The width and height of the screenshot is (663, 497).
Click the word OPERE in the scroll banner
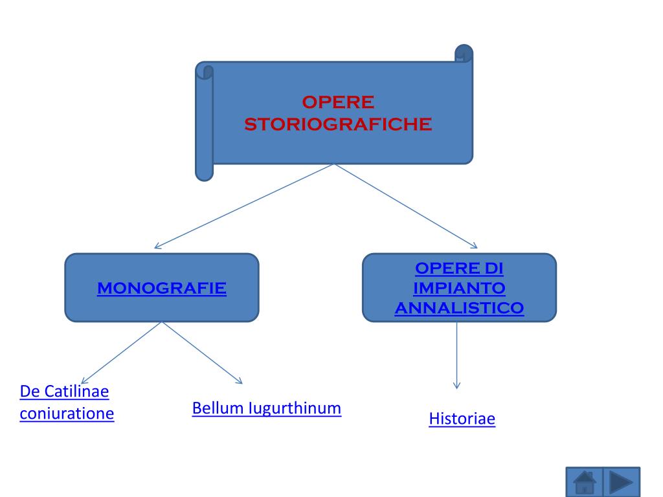coord(338,102)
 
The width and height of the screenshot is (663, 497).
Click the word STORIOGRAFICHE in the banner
coord(338,124)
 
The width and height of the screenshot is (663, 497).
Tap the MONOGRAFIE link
coord(162,288)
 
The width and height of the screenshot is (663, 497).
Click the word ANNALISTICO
coord(459,308)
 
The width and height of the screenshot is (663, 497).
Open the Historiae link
coord(462,419)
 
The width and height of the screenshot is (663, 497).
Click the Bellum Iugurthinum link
coord(267,408)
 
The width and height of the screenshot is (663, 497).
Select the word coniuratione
coord(67,414)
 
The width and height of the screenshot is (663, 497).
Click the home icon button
coord(585,482)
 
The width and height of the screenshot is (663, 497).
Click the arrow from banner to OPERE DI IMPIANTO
coord(406,206)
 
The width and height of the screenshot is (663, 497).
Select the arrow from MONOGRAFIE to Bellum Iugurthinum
coord(201,353)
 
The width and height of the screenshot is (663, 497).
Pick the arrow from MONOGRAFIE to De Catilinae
coord(121,353)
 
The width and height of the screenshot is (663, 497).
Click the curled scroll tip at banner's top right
coord(464,54)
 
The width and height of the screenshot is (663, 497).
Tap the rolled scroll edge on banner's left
coord(205,123)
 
